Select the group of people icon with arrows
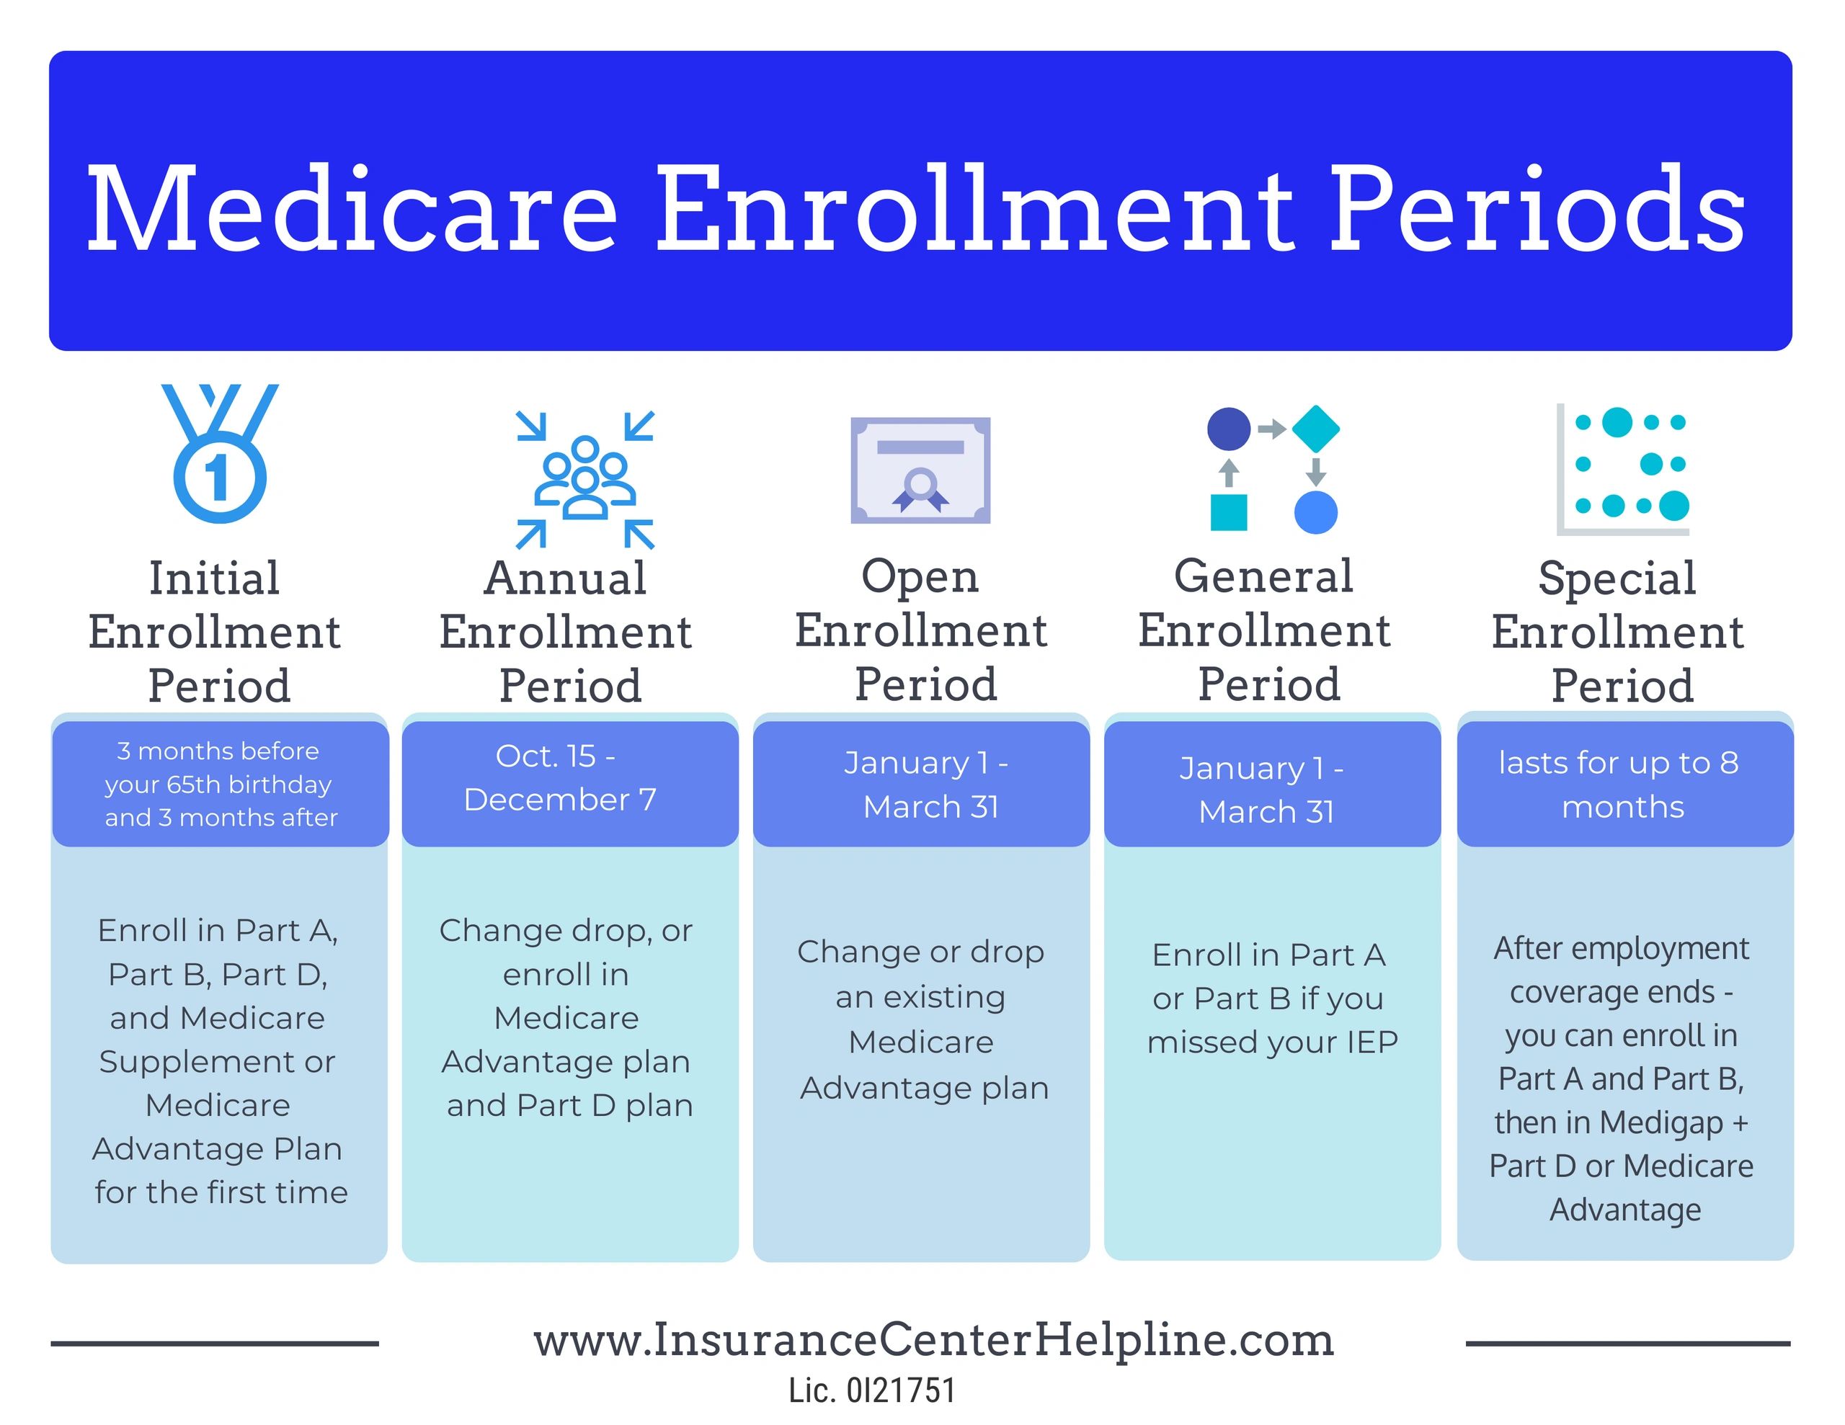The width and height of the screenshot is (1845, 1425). coord(585,479)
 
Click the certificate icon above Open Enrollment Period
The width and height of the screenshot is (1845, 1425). coord(920,470)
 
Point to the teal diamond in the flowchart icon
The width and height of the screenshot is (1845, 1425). coord(1315,429)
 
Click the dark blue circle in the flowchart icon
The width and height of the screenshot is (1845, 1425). coord(1228,429)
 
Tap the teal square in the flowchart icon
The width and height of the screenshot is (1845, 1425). coord(1228,513)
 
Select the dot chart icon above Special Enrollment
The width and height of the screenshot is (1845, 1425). coord(1623,469)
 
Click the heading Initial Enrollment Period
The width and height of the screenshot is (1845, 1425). coord(215,631)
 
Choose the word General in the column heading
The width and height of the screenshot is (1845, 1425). coord(1264,577)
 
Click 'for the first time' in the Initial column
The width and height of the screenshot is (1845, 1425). coord(221,1193)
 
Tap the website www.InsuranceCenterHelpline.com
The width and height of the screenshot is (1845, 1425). coord(933,1341)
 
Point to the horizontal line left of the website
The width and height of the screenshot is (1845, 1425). coord(215,1343)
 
